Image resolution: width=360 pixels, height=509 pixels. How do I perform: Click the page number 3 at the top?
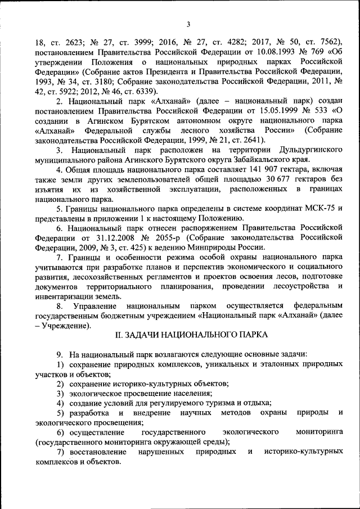tap(188, 23)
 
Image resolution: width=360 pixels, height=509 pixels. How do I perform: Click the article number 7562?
tap(322, 42)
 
